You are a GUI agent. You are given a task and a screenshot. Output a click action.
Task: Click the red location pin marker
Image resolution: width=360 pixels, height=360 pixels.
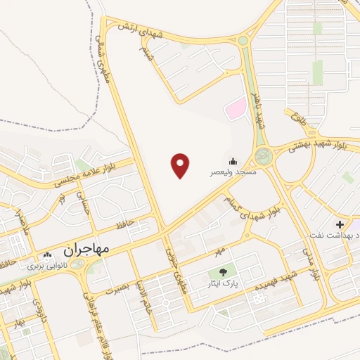(x=181, y=165)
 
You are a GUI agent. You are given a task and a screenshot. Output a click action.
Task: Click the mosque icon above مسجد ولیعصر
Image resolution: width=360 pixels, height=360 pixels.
(x=233, y=161)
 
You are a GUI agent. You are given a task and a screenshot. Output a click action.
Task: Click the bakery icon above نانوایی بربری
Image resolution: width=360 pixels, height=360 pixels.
(x=48, y=257)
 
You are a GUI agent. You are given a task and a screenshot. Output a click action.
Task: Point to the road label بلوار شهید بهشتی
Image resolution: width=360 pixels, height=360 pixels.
(x=314, y=144)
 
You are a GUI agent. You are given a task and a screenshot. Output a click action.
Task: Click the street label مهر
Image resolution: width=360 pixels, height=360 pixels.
(x=221, y=250)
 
